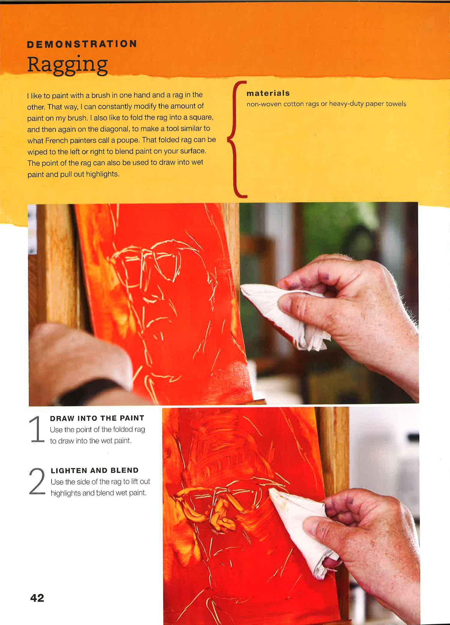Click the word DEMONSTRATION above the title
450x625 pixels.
click(82, 44)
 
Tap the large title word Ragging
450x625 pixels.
click(67, 65)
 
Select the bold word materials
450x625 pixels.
click(268, 93)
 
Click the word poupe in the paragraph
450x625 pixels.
click(129, 141)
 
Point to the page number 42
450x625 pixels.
click(37, 598)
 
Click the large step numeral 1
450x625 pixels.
click(37, 429)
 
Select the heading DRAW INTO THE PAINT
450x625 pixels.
click(97, 418)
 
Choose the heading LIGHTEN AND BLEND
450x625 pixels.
click(95, 470)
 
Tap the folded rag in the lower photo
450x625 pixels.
click(303, 532)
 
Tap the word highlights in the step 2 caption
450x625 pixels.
click(66, 493)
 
